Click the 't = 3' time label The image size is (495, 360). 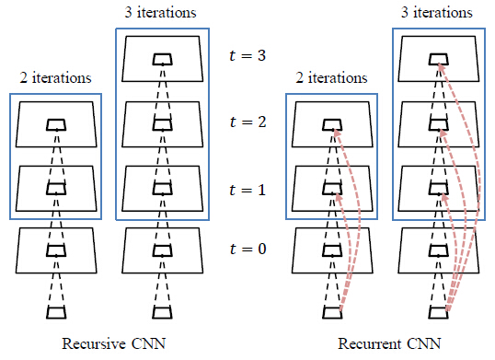pyautogui.click(x=247, y=55)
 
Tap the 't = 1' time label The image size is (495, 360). pyautogui.click(x=247, y=190)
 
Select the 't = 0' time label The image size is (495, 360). pyautogui.click(x=247, y=250)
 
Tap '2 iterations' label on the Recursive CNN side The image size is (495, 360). pyautogui.click(x=55, y=79)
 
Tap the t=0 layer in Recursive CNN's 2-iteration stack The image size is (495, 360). pyautogui.click(x=56, y=250)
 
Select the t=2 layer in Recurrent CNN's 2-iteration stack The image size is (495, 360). pyautogui.click(x=333, y=123)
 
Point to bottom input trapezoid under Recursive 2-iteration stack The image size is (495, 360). pyautogui.click(x=56, y=313)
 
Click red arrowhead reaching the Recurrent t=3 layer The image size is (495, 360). pyautogui.click(x=439, y=64)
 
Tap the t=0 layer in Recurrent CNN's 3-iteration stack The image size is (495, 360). pyautogui.click(x=440, y=250)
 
